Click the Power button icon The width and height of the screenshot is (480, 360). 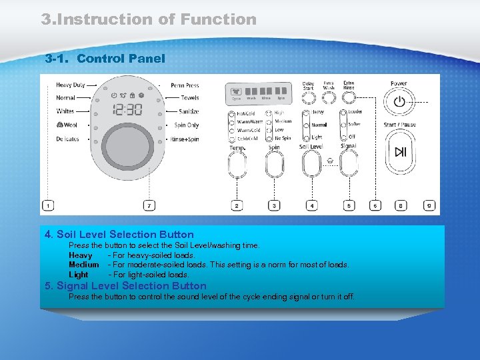(399, 102)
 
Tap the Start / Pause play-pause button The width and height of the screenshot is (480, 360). (399, 152)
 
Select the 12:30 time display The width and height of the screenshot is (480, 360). (127, 110)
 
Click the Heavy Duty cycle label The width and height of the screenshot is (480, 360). (70, 85)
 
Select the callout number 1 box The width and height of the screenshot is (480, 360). (48, 206)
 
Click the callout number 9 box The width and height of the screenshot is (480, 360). (429, 206)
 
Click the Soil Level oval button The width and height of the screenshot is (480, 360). (311, 162)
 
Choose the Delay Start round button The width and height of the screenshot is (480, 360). (308, 98)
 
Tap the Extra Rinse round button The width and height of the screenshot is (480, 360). (349, 98)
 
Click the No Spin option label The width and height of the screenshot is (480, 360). (283, 139)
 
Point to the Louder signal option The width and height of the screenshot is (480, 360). (355, 112)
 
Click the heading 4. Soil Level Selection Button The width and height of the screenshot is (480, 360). (119, 235)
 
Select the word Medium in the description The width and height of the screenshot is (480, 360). (83, 265)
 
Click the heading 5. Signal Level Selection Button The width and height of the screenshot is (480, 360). (125, 286)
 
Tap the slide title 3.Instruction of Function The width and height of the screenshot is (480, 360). (149, 19)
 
